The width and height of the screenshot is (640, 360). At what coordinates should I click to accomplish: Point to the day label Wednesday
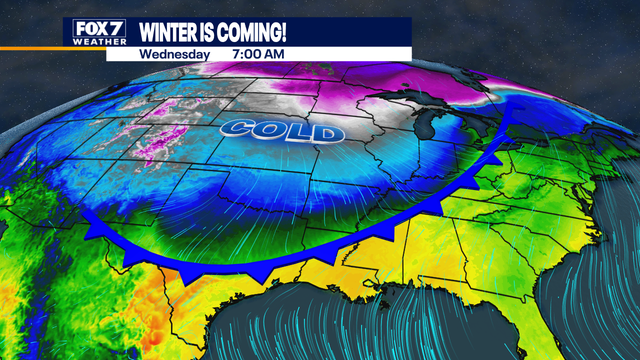tap(175, 54)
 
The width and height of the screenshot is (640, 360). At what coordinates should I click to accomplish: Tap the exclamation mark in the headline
tap(297, 31)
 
